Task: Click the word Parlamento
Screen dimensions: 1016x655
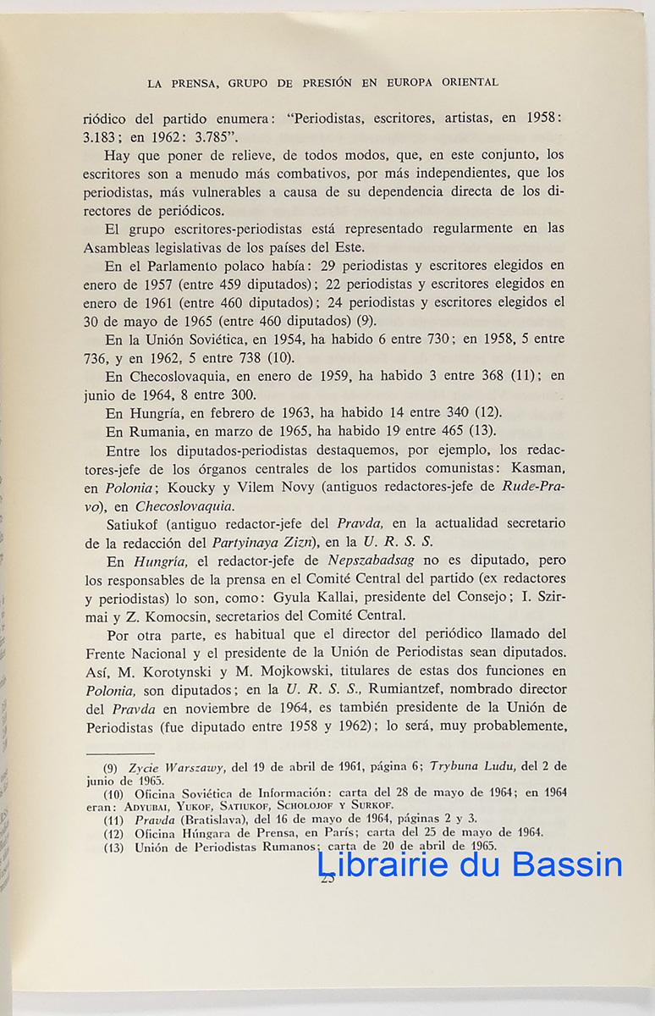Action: pyautogui.click(x=183, y=265)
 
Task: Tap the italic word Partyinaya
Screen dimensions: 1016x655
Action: pyautogui.click(x=256, y=542)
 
